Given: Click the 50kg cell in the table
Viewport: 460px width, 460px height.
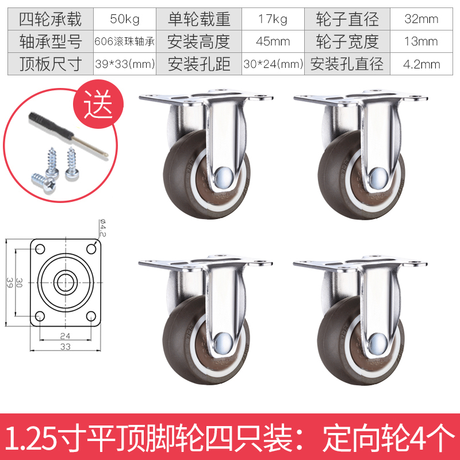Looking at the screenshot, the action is tap(125, 19).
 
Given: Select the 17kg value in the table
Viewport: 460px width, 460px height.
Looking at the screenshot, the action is tap(273, 19).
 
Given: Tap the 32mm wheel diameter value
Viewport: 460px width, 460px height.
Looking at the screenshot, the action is tap(421, 19).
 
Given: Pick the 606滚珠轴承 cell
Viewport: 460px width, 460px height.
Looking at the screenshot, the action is tap(125, 41).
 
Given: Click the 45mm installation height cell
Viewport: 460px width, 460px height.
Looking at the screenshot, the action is tap(273, 41).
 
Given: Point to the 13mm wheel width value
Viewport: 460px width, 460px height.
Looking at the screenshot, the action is tap(421, 41).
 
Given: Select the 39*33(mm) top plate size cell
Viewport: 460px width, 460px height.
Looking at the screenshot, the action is tap(125, 64).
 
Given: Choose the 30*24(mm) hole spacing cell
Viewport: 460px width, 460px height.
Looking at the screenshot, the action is tap(273, 64).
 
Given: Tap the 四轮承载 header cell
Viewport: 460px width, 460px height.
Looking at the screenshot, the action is tap(51, 19).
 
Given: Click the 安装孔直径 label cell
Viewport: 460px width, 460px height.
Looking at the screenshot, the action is tap(347, 64).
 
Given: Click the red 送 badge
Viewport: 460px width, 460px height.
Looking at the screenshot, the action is tap(98, 105).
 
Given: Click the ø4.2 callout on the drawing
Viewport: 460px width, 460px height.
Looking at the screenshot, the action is tap(102, 228).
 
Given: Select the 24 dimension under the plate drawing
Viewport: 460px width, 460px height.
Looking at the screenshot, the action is tap(65, 336).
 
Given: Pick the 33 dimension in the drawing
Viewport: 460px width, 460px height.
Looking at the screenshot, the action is tap(66, 347).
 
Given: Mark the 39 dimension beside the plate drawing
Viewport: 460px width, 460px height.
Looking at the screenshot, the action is tap(9, 282).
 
